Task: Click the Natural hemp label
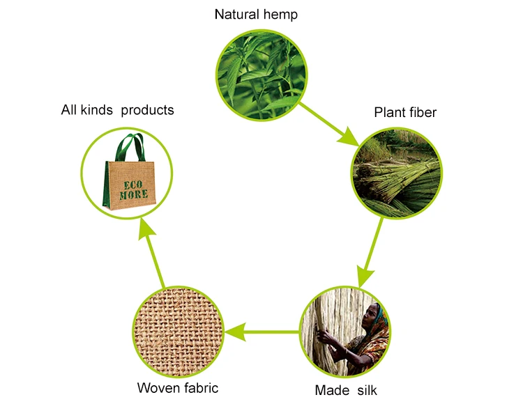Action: pos(256,14)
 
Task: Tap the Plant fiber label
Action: pos(405,112)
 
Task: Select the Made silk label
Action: pos(346,390)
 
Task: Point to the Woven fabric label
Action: pos(178,388)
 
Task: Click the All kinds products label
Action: pos(117,110)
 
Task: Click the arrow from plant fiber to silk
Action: pos(370,251)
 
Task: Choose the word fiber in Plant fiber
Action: pos(420,112)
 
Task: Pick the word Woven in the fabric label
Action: pos(158,388)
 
